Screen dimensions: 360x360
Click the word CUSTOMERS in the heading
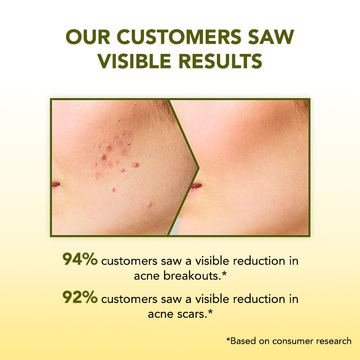[x=179, y=37]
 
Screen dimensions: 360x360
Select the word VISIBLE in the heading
[x=135, y=61]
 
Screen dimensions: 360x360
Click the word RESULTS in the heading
[x=220, y=61]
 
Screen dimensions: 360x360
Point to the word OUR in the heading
[x=88, y=37]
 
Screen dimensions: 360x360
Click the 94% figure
[x=80, y=259]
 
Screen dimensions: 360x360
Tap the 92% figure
[x=80, y=297]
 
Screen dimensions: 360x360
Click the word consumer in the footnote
[x=292, y=342]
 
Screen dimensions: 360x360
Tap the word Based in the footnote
[x=243, y=341]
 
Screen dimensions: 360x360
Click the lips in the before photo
[x=56, y=184]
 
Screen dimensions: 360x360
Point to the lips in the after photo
[x=196, y=185]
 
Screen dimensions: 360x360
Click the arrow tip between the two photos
[x=198, y=168]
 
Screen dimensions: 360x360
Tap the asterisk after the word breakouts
[x=224, y=273]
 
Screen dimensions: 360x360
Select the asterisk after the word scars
[x=210, y=311]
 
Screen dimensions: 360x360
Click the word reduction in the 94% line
[x=259, y=261]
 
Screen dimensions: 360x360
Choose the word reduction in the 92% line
[x=259, y=299]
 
